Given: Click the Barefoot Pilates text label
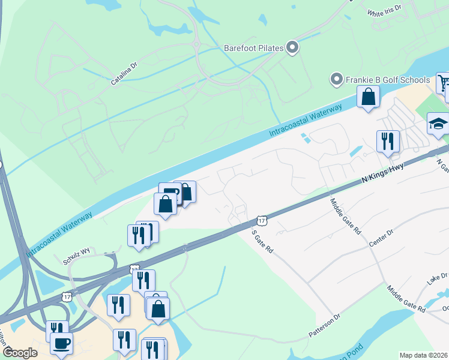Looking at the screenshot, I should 253,47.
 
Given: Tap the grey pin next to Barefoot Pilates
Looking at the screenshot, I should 292,47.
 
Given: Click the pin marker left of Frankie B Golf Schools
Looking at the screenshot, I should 336,80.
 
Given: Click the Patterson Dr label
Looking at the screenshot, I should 324,325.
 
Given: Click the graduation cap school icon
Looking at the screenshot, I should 438,124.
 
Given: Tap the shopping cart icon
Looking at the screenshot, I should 443,83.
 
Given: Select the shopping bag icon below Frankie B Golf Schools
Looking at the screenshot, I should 368,97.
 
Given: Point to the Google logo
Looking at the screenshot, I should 20,352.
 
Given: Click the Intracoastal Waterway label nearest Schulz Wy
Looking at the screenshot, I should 59,234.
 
